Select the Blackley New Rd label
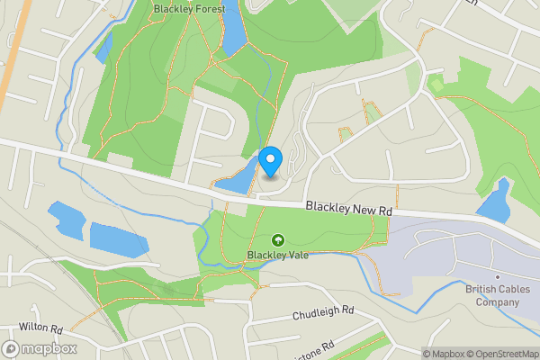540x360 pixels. click(349, 208)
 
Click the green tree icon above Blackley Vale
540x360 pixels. click(278, 240)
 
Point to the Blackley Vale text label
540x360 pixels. click(278, 255)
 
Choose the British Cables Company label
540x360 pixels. click(493, 295)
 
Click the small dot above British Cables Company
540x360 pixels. click(496, 276)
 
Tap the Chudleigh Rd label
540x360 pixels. click(324, 312)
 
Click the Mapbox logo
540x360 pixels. click(40, 348)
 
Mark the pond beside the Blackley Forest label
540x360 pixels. click(233, 31)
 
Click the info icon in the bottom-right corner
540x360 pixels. click(417, 354)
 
